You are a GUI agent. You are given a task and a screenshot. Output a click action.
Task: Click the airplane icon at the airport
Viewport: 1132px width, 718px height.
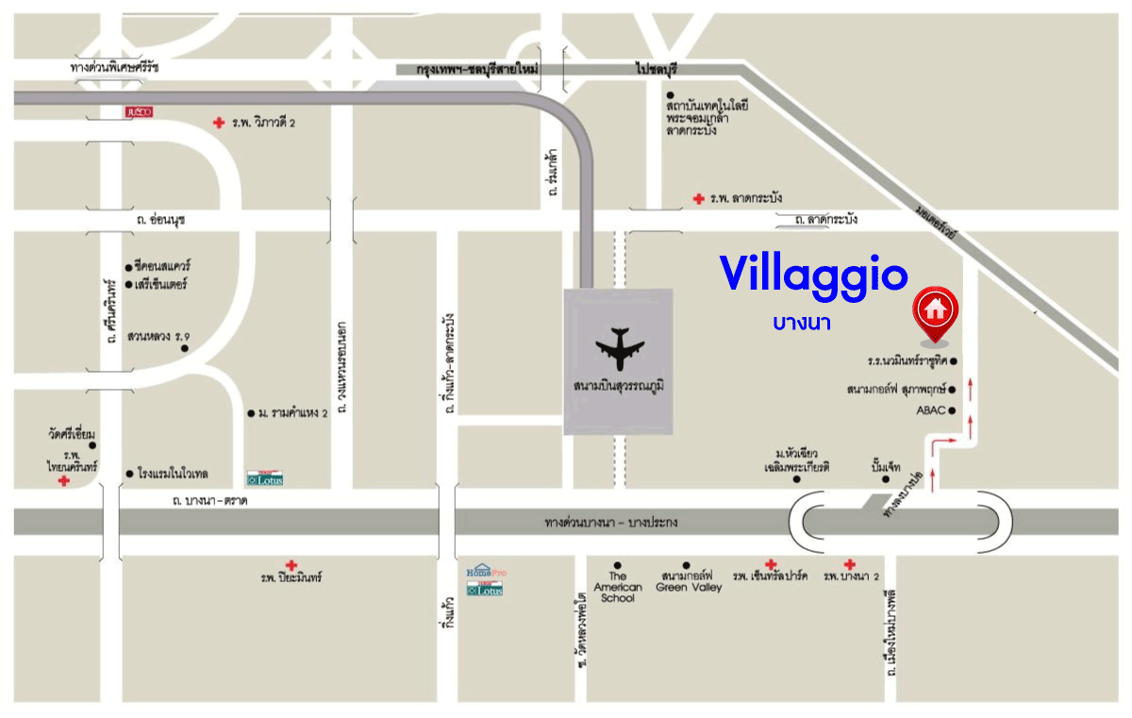(x=619, y=349)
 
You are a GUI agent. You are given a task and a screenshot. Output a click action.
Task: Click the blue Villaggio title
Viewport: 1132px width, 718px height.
(x=813, y=275)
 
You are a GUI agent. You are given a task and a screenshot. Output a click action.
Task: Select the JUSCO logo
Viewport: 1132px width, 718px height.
(x=139, y=111)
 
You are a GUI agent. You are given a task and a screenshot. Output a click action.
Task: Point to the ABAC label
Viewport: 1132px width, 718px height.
(x=930, y=410)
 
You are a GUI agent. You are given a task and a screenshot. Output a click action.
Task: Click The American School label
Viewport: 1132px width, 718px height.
(x=617, y=587)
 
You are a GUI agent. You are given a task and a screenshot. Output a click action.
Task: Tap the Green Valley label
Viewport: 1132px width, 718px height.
(x=688, y=581)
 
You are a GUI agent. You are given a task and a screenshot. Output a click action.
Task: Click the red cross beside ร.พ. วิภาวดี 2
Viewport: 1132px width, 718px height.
(x=219, y=122)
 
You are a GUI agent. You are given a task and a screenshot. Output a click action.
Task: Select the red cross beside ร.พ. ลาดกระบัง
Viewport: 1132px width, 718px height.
(x=698, y=198)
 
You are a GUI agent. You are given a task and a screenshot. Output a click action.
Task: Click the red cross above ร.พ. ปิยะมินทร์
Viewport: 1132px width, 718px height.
(x=291, y=565)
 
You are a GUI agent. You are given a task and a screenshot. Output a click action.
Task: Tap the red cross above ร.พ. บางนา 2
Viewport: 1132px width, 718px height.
(x=850, y=563)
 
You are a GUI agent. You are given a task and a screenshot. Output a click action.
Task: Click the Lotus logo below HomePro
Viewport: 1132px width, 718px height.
(x=485, y=590)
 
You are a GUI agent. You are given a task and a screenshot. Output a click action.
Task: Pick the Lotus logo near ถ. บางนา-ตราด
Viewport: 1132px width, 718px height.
(x=265, y=478)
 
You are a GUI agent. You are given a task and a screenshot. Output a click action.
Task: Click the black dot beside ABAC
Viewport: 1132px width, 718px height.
(x=953, y=410)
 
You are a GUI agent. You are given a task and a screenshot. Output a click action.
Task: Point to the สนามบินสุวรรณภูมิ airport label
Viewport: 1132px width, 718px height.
(x=619, y=386)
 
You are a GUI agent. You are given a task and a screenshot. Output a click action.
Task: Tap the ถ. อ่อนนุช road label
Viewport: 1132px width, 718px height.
(x=160, y=220)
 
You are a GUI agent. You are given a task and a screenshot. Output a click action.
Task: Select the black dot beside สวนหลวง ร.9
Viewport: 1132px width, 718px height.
(x=185, y=349)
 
